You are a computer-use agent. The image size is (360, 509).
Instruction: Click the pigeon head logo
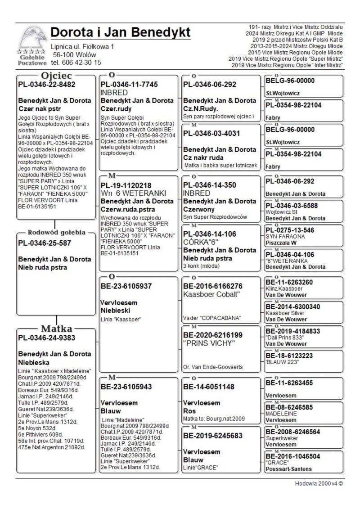[x=32, y=39]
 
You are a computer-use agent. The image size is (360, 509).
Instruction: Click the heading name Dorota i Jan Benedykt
[x=120, y=32]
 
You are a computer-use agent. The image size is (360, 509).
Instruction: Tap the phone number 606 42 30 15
[x=76, y=63]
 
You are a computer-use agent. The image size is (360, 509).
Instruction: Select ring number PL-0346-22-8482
[x=47, y=84]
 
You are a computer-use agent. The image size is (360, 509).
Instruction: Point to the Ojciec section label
[x=56, y=75]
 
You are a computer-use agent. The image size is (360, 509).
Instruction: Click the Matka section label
[x=57, y=328]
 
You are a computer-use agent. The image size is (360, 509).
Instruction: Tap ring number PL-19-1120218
[x=126, y=185]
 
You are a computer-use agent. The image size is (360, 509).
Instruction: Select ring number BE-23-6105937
[x=126, y=286]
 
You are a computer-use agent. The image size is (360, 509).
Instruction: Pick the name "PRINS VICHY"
[x=210, y=343]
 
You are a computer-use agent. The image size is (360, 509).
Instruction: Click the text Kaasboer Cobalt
[x=212, y=294]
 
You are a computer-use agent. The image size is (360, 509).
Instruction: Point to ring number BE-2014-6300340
[x=293, y=306]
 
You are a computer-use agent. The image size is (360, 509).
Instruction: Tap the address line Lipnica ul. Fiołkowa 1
[x=82, y=46]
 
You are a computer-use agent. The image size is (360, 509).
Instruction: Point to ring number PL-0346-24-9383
[x=47, y=337]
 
